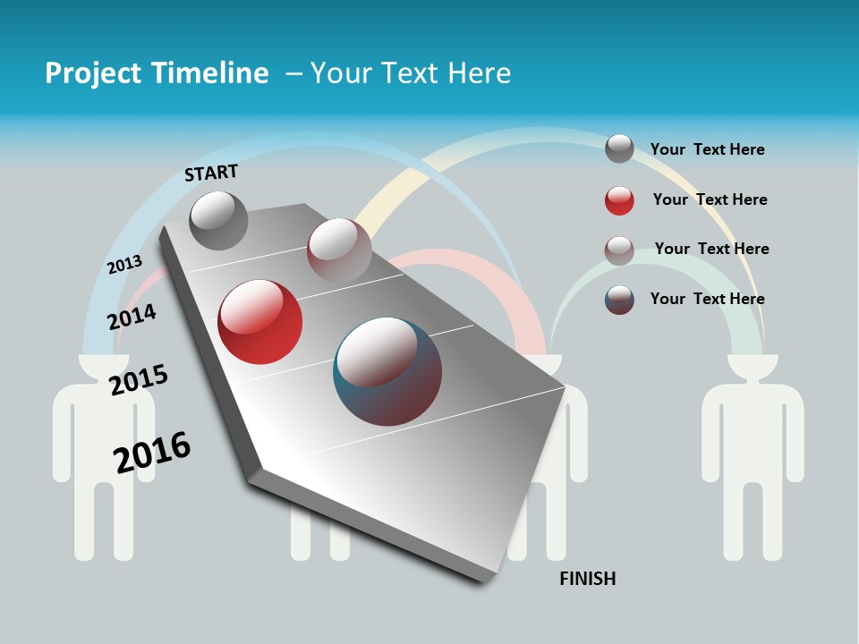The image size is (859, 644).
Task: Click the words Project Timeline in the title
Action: [157, 73]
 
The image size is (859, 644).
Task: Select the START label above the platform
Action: [211, 172]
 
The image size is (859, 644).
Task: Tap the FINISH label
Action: [587, 579]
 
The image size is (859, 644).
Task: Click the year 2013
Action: [124, 265]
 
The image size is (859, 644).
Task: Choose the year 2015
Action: [139, 379]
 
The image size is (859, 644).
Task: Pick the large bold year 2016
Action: [152, 452]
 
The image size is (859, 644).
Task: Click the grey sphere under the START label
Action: [219, 220]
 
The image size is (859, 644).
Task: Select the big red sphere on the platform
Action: [260, 322]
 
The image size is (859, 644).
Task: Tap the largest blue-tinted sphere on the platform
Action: [387, 371]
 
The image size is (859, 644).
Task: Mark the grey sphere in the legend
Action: [619, 148]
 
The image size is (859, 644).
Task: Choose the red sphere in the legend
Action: [619, 200]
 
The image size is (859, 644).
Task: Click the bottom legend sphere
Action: [619, 300]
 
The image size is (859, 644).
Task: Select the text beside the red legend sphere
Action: [710, 199]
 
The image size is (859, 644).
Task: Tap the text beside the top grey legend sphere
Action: [707, 149]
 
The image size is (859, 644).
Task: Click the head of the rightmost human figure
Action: [753, 366]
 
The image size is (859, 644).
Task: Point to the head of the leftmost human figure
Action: [104, 366]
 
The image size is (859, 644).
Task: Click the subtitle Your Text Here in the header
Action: [411, 73]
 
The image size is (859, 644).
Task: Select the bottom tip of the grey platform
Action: [488, 578]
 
